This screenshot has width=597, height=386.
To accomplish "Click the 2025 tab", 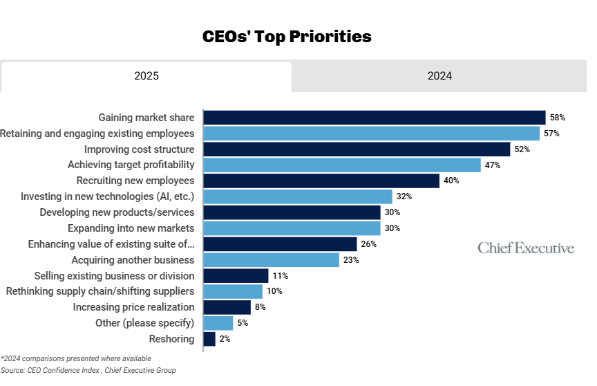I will coord(146,76).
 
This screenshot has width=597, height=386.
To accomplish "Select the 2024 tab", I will coord(439,76).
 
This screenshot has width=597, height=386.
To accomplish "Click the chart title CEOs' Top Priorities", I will coord(287,37).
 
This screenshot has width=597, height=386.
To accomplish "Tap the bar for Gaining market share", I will coord(375,118).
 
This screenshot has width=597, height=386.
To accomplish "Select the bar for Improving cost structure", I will coord(357,149).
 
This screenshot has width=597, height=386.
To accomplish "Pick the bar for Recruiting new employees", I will coord(321,181).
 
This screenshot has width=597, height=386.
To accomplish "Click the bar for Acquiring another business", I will coord(272,260).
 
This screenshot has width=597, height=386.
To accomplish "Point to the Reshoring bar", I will coord(209,339).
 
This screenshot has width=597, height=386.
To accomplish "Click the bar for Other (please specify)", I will coord(218,323).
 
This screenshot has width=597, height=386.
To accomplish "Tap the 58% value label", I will coord(558,118).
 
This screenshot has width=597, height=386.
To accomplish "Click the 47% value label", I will coord(492,165).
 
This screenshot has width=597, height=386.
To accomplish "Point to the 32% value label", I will coord(404,196).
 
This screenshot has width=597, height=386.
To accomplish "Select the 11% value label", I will coord(280,276).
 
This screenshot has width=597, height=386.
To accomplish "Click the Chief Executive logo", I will coord(526,248).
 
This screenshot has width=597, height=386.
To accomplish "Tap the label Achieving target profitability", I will coord(131,165).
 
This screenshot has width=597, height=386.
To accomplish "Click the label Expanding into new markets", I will coord(131,228).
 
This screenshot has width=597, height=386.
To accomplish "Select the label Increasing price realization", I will coord(133,307).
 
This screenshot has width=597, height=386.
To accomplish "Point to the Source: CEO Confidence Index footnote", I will coord(88,371).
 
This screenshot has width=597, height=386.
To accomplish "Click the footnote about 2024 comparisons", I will coord(75,358).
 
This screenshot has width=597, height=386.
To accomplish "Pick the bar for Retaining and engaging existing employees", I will coord(372,134).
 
